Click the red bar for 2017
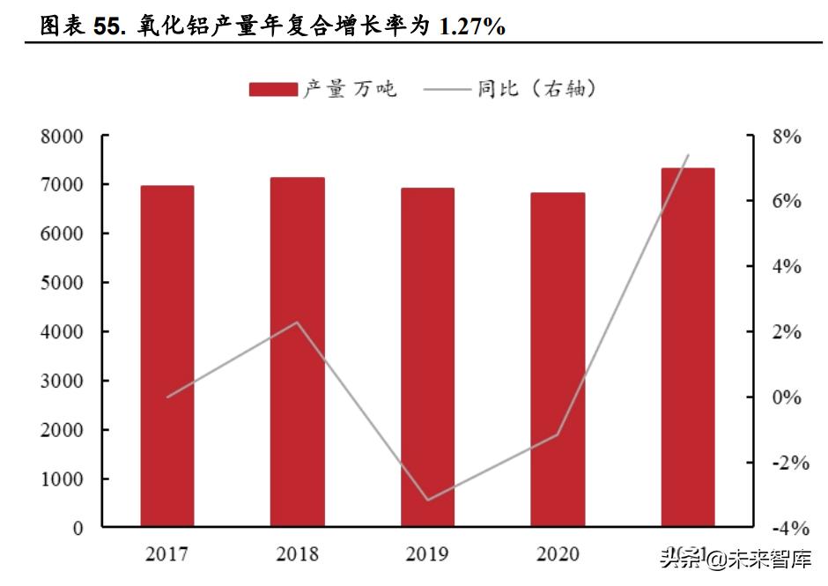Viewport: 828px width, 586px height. (x=167, y=356)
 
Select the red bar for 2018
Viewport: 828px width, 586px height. (x=297, y=352)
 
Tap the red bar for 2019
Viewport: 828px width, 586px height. (x=427, y=357)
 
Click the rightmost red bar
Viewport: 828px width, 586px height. (x=688, y=347)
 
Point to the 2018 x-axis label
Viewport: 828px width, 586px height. (x=297, y=554)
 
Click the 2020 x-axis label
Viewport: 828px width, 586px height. (x=558, y=554)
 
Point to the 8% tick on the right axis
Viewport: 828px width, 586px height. (x=786, y=137)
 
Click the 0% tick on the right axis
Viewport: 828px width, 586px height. (x=786, y=397)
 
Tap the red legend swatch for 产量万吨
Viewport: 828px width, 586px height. (x=273, y=89)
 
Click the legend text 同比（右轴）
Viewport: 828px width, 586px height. (x=536, y=89)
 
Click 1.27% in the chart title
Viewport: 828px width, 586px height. (x=472, y=27)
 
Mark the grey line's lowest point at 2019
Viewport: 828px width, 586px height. (x=427, y=500)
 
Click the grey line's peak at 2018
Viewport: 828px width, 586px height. (x=297, y=323)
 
